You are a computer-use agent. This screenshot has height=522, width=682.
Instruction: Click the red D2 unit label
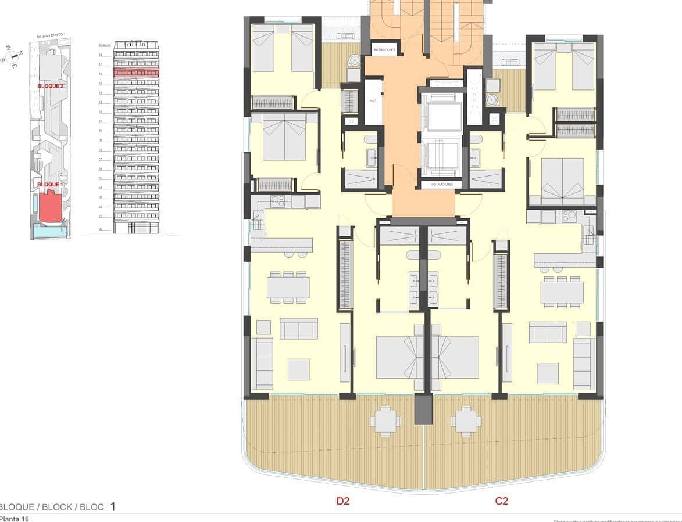[343, 501]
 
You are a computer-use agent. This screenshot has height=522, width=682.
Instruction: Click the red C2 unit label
[501, 501]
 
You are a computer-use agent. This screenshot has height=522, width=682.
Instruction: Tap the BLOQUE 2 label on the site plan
[50, 86]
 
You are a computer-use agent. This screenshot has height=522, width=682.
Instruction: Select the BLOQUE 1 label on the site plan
[49, 185]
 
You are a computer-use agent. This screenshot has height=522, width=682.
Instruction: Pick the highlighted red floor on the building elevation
[136, 72]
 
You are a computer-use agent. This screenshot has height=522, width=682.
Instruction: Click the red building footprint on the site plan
[51, 207]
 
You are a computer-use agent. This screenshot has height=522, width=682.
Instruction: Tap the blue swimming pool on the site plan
[49, 232]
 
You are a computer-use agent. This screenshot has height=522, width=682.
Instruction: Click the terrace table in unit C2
[466, 421]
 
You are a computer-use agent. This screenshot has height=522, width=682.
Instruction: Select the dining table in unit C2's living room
[562, 291]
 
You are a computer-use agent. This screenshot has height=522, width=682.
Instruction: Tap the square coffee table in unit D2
[298, 369]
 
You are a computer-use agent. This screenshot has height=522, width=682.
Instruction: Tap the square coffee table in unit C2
[548, 373]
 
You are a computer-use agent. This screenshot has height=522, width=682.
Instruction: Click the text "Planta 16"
[14, 518]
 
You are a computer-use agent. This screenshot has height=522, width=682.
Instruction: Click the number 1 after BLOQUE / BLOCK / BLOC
[113, 506]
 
